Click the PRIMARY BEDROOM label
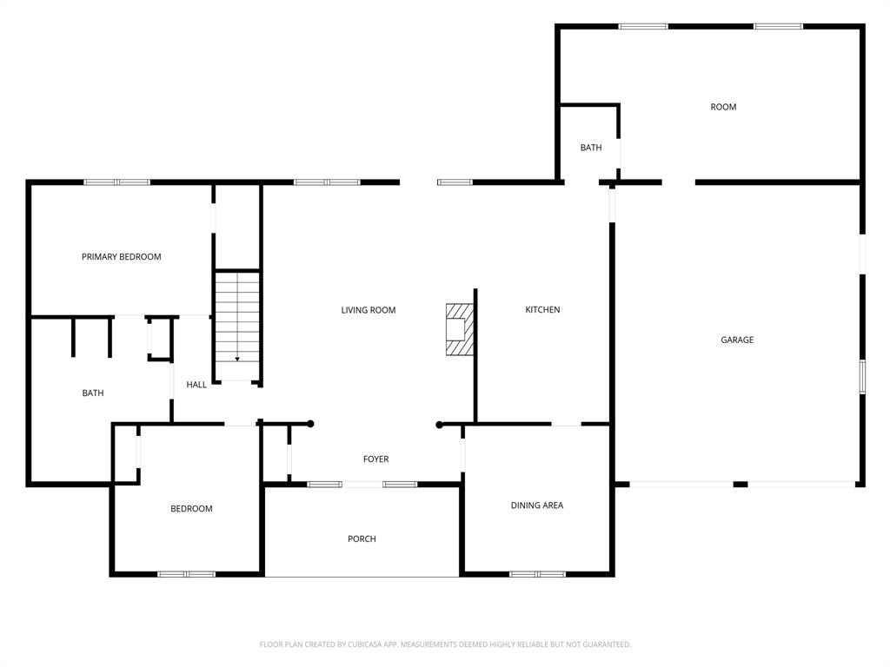tap(121, 257)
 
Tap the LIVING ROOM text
tap(369, 310)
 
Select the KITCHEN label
tap(542, 310)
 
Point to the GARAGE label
tap(737, 340)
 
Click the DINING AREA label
tap(537, 505)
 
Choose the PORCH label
tap(362, 538)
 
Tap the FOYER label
tap(375, 459)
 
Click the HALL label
tap(196, 385)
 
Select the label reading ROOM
tap(723, 107)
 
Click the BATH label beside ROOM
tap(591, 148)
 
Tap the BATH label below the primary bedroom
tap(93, 393)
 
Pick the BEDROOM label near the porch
tap(191, 509)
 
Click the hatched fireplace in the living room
tap(459, 329)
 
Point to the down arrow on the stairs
tap(237, 359)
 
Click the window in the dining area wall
tap(537, 574)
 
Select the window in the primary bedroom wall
tap(117, 182)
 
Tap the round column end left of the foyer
tap(310, 424)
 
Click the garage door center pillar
tap(741, 485)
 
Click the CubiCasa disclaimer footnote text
tap(445, 644)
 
